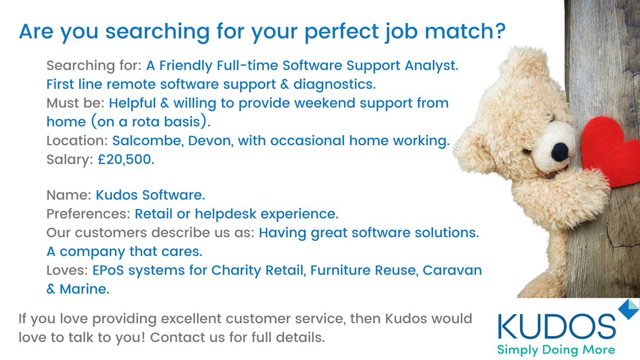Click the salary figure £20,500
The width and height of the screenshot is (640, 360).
[126, 160]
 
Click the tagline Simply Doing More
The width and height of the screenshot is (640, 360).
[556, 350]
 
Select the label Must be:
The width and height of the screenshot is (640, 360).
[73, 103]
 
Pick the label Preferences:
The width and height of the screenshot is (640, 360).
[88, 214]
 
